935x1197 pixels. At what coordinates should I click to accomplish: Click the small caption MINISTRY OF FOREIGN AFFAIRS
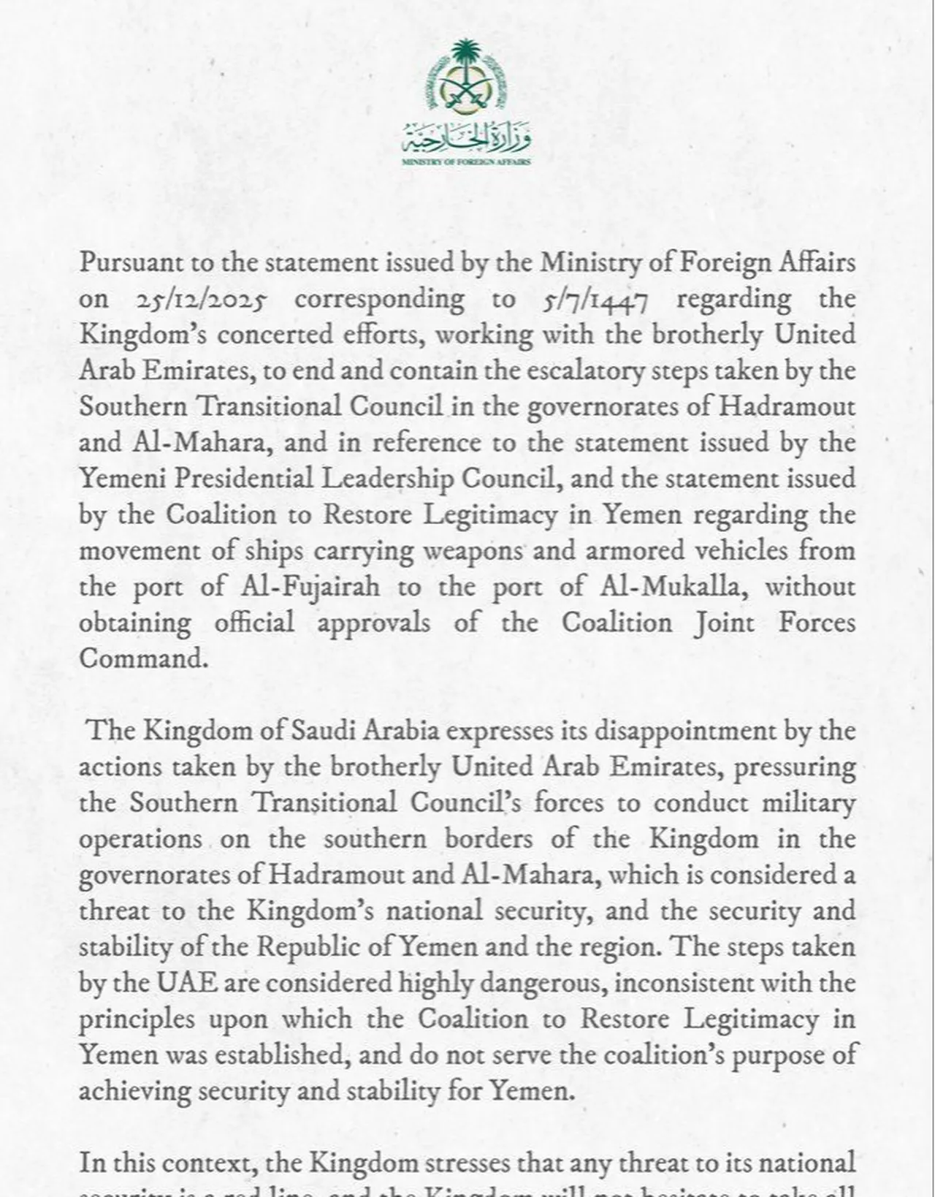pos(467,161)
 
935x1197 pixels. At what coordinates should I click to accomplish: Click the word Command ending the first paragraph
pos(143,658)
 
